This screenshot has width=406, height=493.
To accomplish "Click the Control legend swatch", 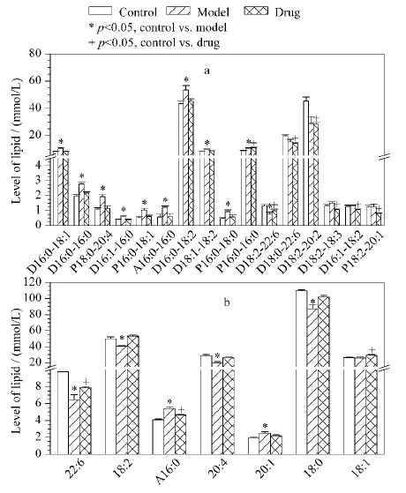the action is point(100,11).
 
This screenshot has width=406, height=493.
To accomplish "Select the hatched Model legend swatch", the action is point(179,11).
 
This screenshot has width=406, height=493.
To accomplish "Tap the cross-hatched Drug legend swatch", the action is point(256,11).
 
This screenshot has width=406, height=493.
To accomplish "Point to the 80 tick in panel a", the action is point(36,54).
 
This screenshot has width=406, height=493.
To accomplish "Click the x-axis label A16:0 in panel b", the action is point(168,471).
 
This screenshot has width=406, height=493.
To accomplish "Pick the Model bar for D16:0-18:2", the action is point(186,157).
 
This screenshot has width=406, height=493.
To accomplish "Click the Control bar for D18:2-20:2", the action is point(306,162).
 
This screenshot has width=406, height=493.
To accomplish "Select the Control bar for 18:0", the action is point(302,372).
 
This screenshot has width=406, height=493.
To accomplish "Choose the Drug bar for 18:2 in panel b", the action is point(133,395).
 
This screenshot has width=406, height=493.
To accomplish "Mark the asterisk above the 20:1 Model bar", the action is point(265,426).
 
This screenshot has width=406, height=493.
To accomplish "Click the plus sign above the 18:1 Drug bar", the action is point(372,350).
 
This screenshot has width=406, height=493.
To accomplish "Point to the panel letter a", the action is point(207,71).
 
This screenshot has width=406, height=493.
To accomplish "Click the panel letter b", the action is point(227,303).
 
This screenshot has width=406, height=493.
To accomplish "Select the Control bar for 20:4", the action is point(207,405).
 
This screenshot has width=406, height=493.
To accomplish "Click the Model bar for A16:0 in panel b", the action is point(169,431).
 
